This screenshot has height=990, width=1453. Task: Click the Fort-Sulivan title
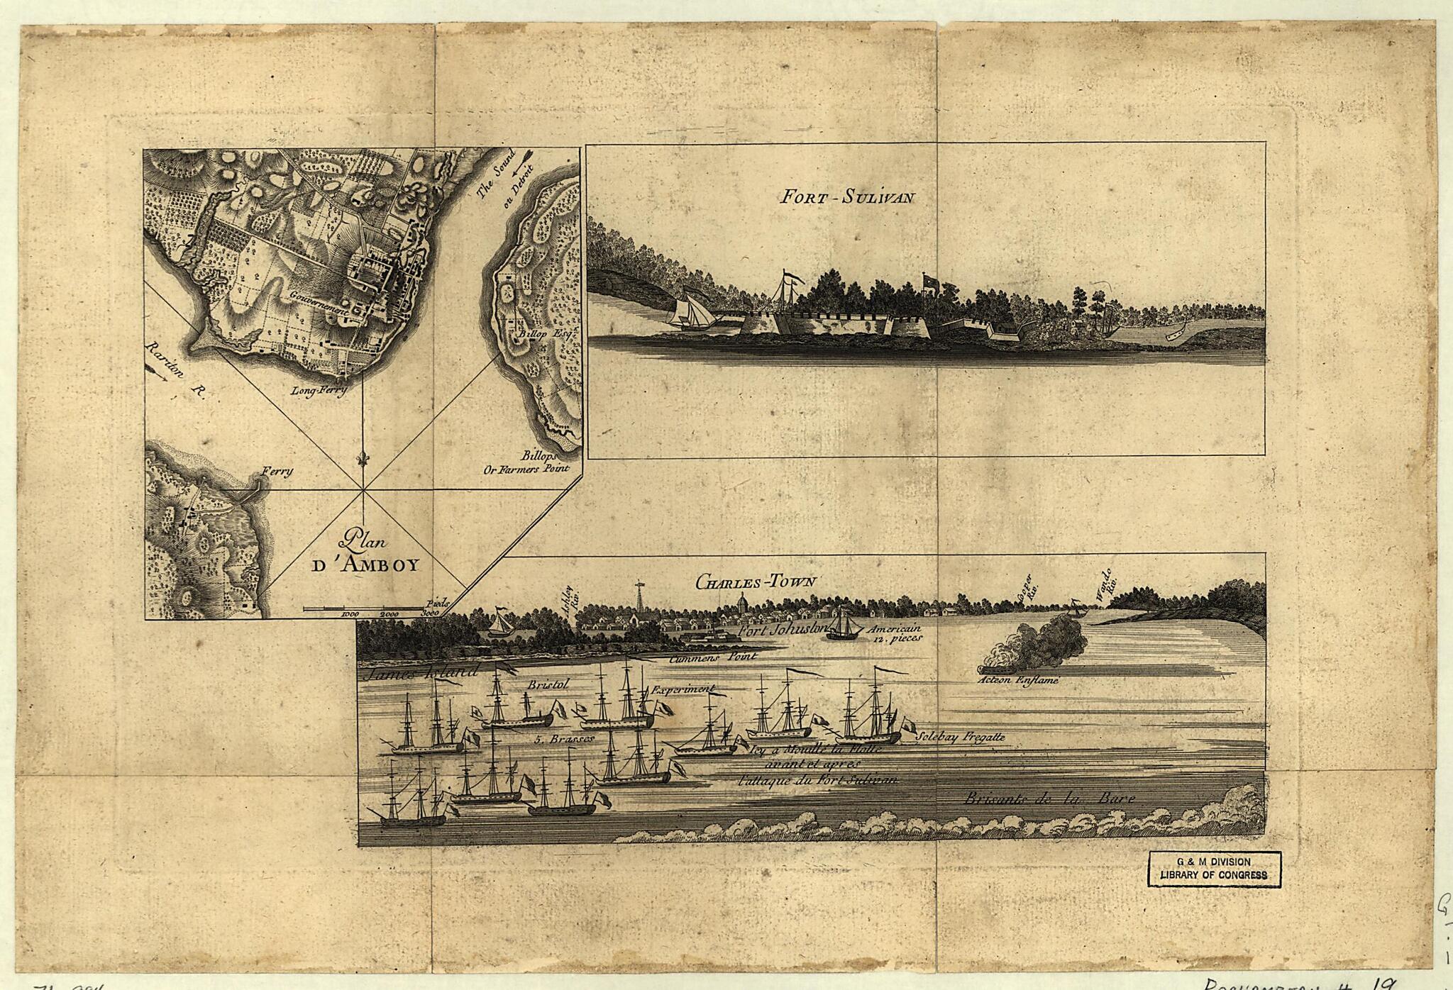[x=846, y=196]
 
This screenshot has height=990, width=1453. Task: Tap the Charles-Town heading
[x=756, y=582]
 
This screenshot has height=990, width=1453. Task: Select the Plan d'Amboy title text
[x=366, y=553]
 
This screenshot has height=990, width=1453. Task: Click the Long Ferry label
[x=319, y=391]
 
